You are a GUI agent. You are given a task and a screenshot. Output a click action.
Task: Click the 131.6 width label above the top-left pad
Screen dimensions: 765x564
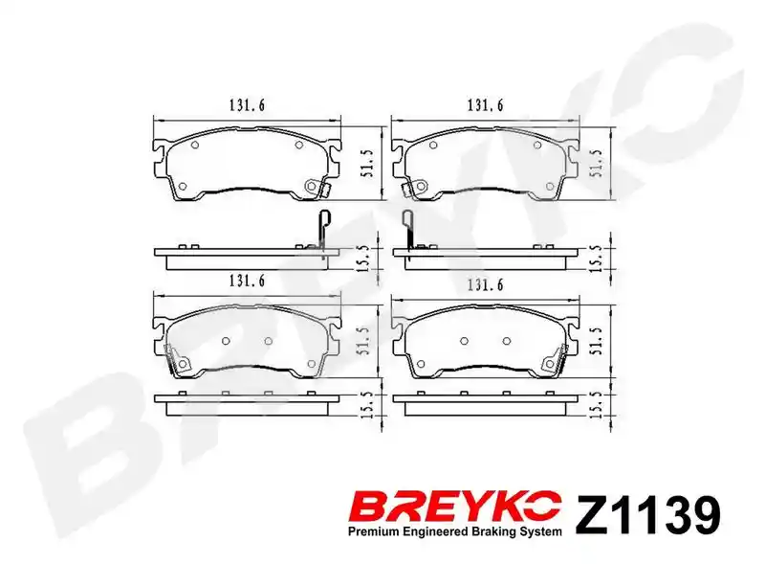pos(247,105)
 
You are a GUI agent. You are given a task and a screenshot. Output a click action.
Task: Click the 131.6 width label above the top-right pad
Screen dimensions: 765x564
pos(486,105)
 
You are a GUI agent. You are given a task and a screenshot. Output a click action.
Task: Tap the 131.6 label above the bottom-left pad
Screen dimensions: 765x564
pos(247,281)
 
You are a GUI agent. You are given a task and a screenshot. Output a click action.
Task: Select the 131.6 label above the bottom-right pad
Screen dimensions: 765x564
pos(486,284)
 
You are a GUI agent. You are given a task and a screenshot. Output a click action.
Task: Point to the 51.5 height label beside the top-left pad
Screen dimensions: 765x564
pos(368,163)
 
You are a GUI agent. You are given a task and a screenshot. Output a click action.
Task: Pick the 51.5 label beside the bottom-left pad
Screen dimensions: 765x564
pos(368,340)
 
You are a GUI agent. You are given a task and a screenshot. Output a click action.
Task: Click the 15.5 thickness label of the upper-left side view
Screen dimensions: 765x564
pos(368,259)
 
